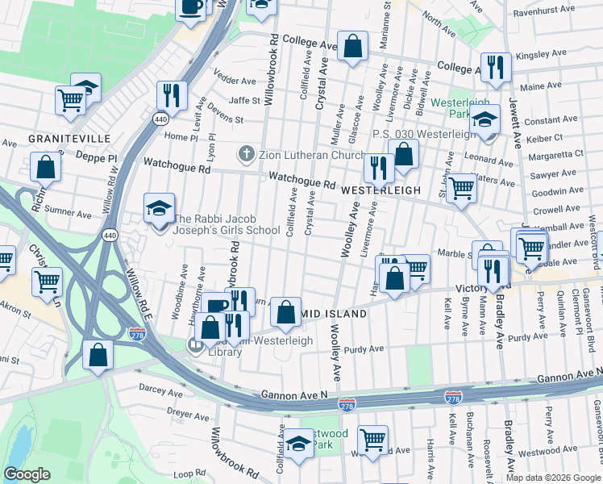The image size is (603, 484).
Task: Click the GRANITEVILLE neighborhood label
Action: (x=69, y=139)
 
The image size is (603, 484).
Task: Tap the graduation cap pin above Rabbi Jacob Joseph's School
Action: (x=159, y=208)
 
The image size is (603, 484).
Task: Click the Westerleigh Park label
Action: (x=460, y=109)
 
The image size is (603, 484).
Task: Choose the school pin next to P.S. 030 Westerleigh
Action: (x=484, y=121)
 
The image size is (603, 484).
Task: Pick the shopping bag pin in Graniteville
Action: (x=46, y=167)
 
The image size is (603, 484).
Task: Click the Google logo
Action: (x=27, y=474)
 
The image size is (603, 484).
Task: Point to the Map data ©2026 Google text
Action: (x=552, y=478)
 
